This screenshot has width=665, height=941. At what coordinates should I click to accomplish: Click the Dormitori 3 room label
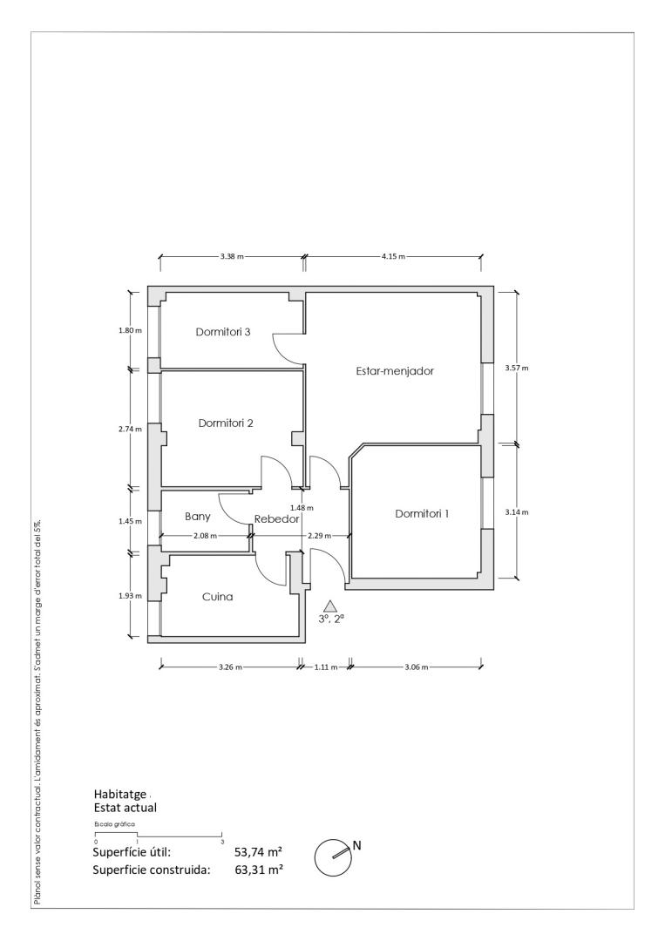click(222, 332)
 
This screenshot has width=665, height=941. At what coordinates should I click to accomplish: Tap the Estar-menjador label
click(395, 371)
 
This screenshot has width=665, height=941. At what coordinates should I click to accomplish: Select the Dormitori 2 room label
click(226, 423)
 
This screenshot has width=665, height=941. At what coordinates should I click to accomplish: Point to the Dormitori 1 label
click(422, 514)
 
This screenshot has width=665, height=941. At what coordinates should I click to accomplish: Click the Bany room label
click(198, 517)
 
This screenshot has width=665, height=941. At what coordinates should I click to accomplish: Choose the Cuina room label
click(217, 597)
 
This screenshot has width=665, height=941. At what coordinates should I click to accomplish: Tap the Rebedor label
click(276, 519)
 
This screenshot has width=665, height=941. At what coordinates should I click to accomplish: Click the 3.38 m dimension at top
click(232, 256)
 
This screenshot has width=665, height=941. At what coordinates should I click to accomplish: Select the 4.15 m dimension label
click(393, 256)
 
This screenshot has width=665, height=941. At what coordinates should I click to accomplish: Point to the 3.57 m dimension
click(517, 368)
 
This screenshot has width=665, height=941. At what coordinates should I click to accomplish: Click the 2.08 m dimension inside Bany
click(206, 536)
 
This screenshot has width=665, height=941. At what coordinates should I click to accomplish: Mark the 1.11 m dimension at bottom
click(326, 667)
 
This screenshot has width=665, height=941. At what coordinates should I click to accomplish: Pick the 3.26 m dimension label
click(230, 667)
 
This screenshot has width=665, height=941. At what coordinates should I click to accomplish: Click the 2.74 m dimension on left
click(130, 429)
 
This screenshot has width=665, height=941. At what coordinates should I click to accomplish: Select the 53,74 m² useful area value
click(259, 852)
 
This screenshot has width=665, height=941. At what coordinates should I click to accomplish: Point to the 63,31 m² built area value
click(259, 870)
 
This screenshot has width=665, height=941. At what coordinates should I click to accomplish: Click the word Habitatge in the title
click(120, 795)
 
